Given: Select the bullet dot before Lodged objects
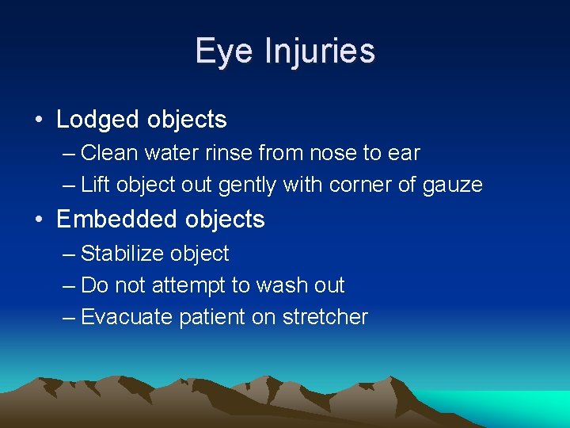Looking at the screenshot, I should (x=39, y=120).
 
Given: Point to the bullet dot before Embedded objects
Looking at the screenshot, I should (x=39, y=219).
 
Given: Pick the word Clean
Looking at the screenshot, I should (x=108, y=152).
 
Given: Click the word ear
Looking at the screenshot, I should (x=404, y=152).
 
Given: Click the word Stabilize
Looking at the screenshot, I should (x=120, y=254).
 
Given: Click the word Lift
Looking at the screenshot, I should (x=95, y=185).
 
